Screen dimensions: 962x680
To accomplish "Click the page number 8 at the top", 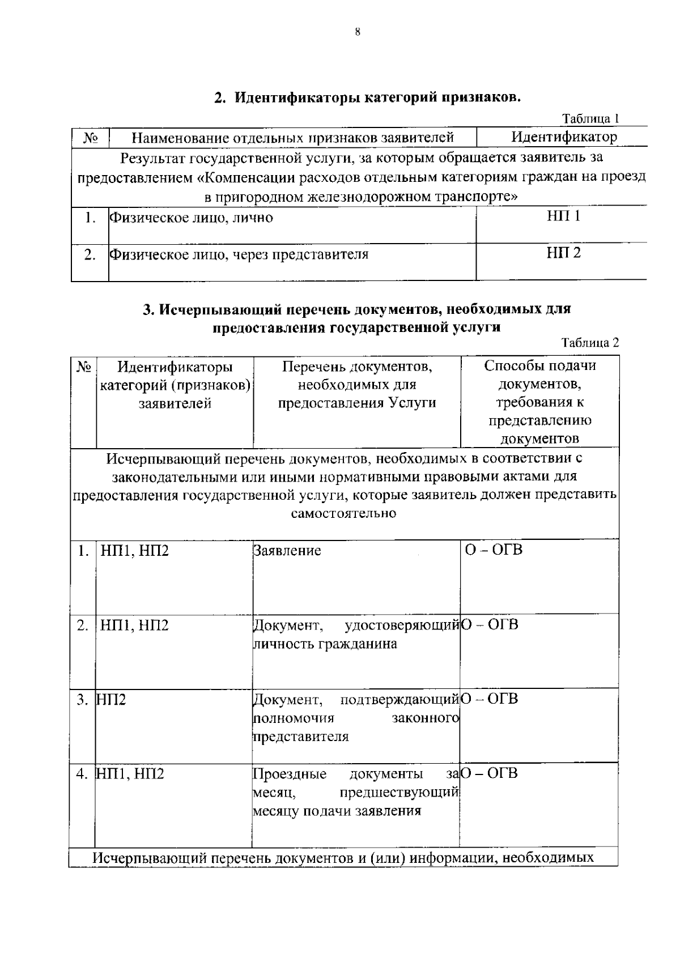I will coord(357,32).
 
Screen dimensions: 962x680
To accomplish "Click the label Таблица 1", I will coord(590,118).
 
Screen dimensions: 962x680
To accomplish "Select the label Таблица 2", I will coord(590,342).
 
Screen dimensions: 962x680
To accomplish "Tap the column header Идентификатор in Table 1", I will coord(564,137).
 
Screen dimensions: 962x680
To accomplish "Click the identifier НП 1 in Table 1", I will coord(563,216).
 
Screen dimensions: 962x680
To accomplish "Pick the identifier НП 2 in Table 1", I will coord(563,253).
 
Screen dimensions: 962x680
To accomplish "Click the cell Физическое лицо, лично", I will coord(191,218).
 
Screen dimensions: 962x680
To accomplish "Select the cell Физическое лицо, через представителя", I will coord(239,254).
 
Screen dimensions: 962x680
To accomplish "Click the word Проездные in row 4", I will coord(290,774).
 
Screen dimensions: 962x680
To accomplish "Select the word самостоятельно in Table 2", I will coord(343,514).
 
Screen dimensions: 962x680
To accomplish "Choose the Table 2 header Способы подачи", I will coord(539,366).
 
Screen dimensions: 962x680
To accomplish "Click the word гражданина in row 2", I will coord(358,644).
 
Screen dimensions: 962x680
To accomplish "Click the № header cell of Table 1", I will coord(90,138).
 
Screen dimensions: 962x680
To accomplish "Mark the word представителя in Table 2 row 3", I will coord(300,737).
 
